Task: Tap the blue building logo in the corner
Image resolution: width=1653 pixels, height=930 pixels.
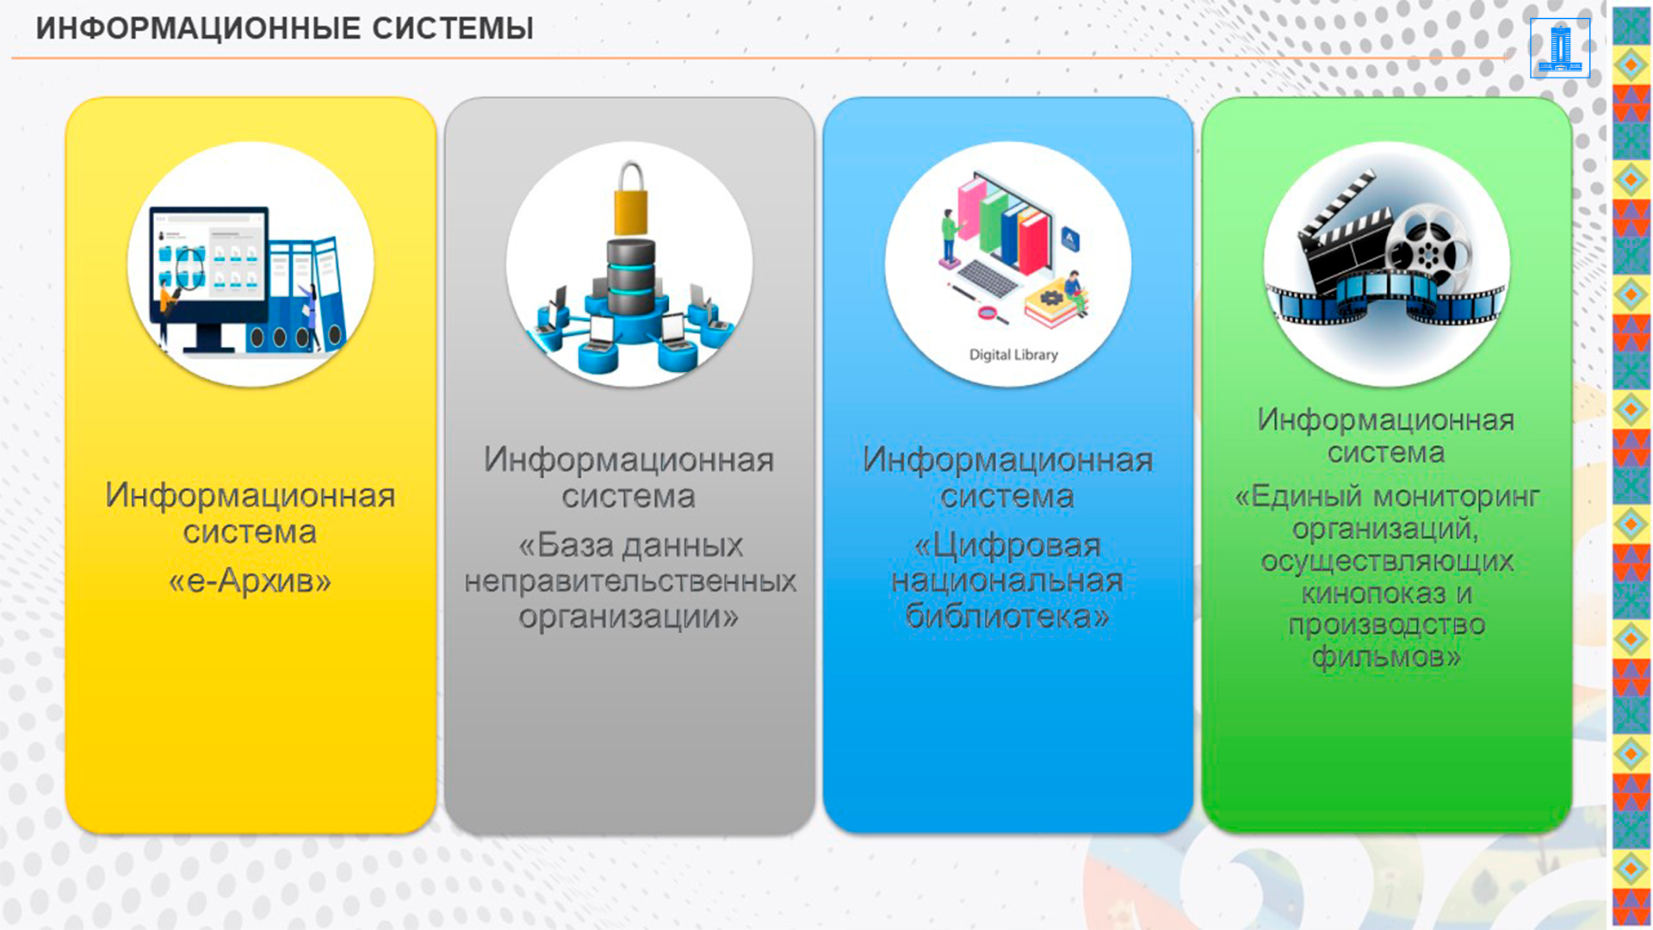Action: pyautogui.click(x=1560, y=48)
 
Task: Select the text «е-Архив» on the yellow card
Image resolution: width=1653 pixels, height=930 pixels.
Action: pyautogui.click(x=250, y=580)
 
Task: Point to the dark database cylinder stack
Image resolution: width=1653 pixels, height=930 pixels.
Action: pyautogui.click(x=631, y=276)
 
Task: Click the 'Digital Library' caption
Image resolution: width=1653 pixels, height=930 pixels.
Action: pyautogui.click(x=1013, y=355)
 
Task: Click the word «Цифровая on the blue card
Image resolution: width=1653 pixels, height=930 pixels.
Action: pyautogui.click(x=1007, y=545)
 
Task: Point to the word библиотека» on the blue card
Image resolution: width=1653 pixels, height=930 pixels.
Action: pyautogui.click(x=1007, y=617)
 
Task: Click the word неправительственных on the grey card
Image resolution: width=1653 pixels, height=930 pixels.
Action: pyautogui.click(x=629, y=581)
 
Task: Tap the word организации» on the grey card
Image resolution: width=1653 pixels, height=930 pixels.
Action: pyautogui.click(x=628, y=617)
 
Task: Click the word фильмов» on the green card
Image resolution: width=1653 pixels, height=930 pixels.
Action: pyautogui.click(x=1386, y=658)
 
